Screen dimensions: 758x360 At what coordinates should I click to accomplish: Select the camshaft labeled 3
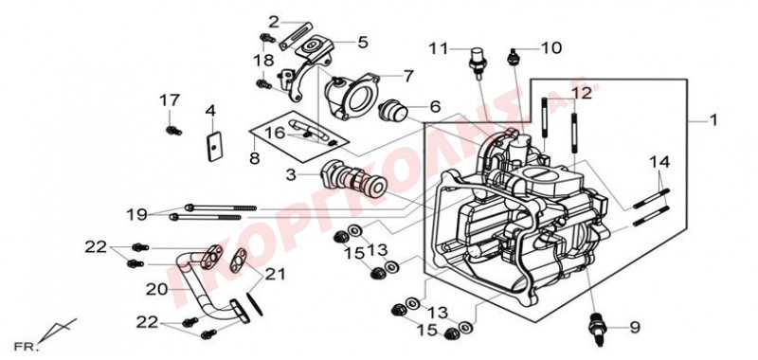pyautogui.click(x=353, y=180)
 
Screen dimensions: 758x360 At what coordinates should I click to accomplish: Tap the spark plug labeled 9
pyautogui.click(x=597, y=328)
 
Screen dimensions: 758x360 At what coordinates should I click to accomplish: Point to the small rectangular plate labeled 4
pyautogui.click(x=213, y=146)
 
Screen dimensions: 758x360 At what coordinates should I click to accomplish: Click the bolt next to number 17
pyautogui.click(x=173, y=131)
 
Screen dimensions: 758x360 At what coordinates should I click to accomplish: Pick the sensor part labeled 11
pyautogui.click(x=478, y=62)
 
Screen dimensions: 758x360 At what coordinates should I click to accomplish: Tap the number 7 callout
pyautogui.click(x=408, y=76)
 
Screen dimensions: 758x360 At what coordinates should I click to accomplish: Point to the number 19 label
pyautogui.click(x=136, y=213)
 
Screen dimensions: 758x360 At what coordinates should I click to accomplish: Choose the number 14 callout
pyautogui.click(x=659, y=162)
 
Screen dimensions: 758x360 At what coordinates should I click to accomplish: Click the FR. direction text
pyautogui.click(x=27, y=347)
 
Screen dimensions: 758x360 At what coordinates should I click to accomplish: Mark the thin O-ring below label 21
pyautogui.click(x=256, y=303)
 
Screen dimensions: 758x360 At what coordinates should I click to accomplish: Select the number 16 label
pyautogui.click(x=274, y=133)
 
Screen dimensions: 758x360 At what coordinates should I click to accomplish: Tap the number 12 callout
pyautogui.click(x=582, y=93)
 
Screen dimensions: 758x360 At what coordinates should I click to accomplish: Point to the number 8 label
pyautogui.click(x=255, y=158)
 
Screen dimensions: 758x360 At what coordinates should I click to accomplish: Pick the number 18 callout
pyautogui.click(x=264, y=61)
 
